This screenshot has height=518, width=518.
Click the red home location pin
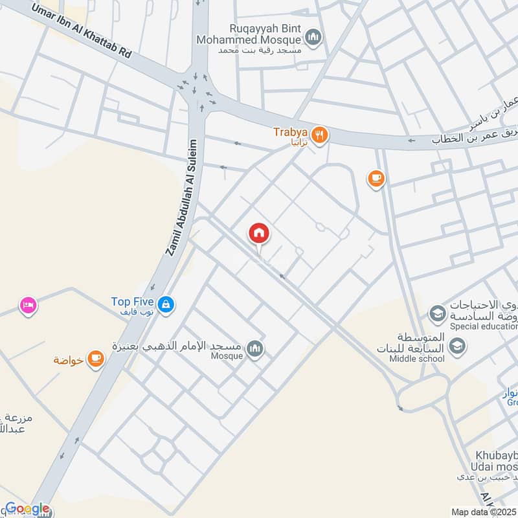tap(259, 233)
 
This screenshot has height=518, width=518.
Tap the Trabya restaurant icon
tap(319, 135)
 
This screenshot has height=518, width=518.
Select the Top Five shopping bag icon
tap(166, 302)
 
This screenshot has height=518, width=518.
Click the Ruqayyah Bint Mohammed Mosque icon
tap(314, 38)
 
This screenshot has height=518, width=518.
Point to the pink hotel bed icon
tap(28, 304)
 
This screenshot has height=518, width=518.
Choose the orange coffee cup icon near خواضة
tap(96, 358)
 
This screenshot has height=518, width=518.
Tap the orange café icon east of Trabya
tap(376, 178)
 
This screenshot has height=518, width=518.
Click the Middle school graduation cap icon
tap(458, 348)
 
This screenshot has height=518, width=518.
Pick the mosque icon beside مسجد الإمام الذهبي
tap(256, 350)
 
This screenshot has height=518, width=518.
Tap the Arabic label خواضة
tap(69, 360)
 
